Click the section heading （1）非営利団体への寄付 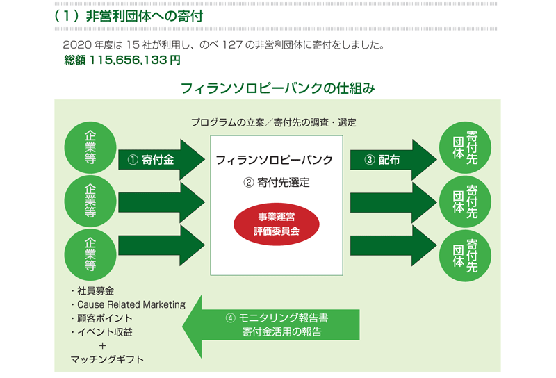coord(129,16)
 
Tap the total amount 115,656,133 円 coord(135,60)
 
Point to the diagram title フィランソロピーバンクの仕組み coord(277,88)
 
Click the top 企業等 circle coord(90,147)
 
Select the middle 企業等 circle coord(90,201)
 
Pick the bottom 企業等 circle coord(90,254)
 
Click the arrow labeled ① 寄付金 coord(161,160)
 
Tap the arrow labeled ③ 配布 coord(393,160)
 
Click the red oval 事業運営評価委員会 coord(276,224)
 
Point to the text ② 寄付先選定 coord(276,183)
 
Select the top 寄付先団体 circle coord(465,147)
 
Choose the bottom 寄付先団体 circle coord(465,256)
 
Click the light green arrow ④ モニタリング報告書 coord(271,326)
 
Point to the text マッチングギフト coord(107,359)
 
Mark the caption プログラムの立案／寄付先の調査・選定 coord(274,123)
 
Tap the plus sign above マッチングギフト coord(102,346)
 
